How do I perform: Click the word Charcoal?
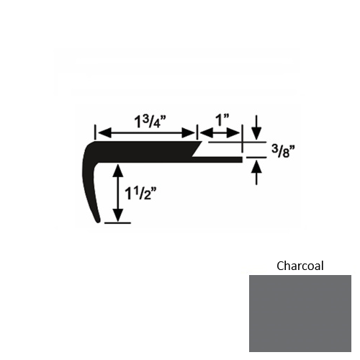(x=300, y=266)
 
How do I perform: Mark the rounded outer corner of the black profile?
(x=88, y=148)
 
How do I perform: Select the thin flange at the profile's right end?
(x=223, y=158)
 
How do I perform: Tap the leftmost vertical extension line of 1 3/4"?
(x=94, y=134)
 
